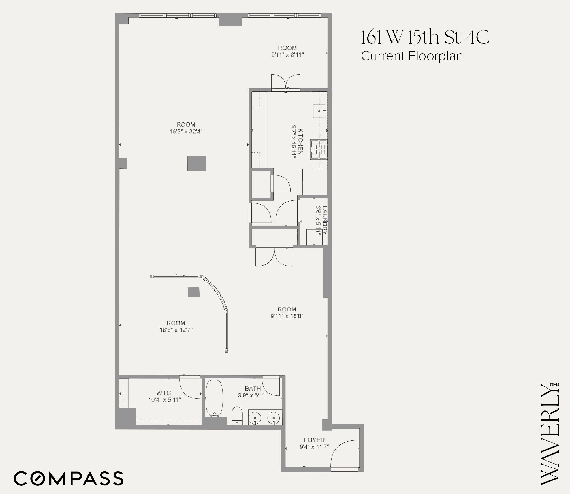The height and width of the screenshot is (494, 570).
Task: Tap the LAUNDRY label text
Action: (325, 220)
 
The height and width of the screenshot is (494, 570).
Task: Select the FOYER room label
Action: (314, 440)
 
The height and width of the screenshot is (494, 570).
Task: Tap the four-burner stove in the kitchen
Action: (319, 149)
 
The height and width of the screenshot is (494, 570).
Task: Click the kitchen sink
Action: (319, 111)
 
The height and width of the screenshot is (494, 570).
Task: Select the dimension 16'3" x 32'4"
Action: (186, 132)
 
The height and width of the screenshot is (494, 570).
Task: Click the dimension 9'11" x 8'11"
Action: (287, 55)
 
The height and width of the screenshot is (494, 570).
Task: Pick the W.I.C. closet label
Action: (164, 393)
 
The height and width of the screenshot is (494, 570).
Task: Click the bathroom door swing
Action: (270, 386)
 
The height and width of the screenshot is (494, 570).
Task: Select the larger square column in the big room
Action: (196, 164)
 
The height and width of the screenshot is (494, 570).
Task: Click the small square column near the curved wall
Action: (194, 292)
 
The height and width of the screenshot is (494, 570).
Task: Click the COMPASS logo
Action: (69, 479)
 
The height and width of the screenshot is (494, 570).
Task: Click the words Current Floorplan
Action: (412, 56)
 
